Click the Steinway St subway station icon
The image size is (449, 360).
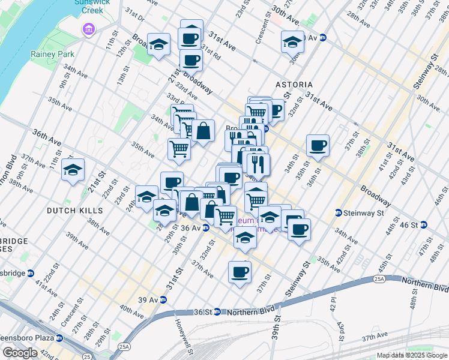(x=339, y=213)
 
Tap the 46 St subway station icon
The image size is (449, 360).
(x=423, y=225)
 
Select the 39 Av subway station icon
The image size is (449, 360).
(x=162, y=300)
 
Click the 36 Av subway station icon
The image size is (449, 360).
(x=205, y=228)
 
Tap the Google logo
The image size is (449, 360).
(x=20, y=353)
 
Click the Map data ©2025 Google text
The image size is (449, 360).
(x=412, y=355)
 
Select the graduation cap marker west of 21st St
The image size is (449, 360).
(x=73, y=170)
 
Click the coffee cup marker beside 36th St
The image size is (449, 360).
(x=318, y=145)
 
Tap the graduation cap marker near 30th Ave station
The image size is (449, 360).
(x=292, y=42)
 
